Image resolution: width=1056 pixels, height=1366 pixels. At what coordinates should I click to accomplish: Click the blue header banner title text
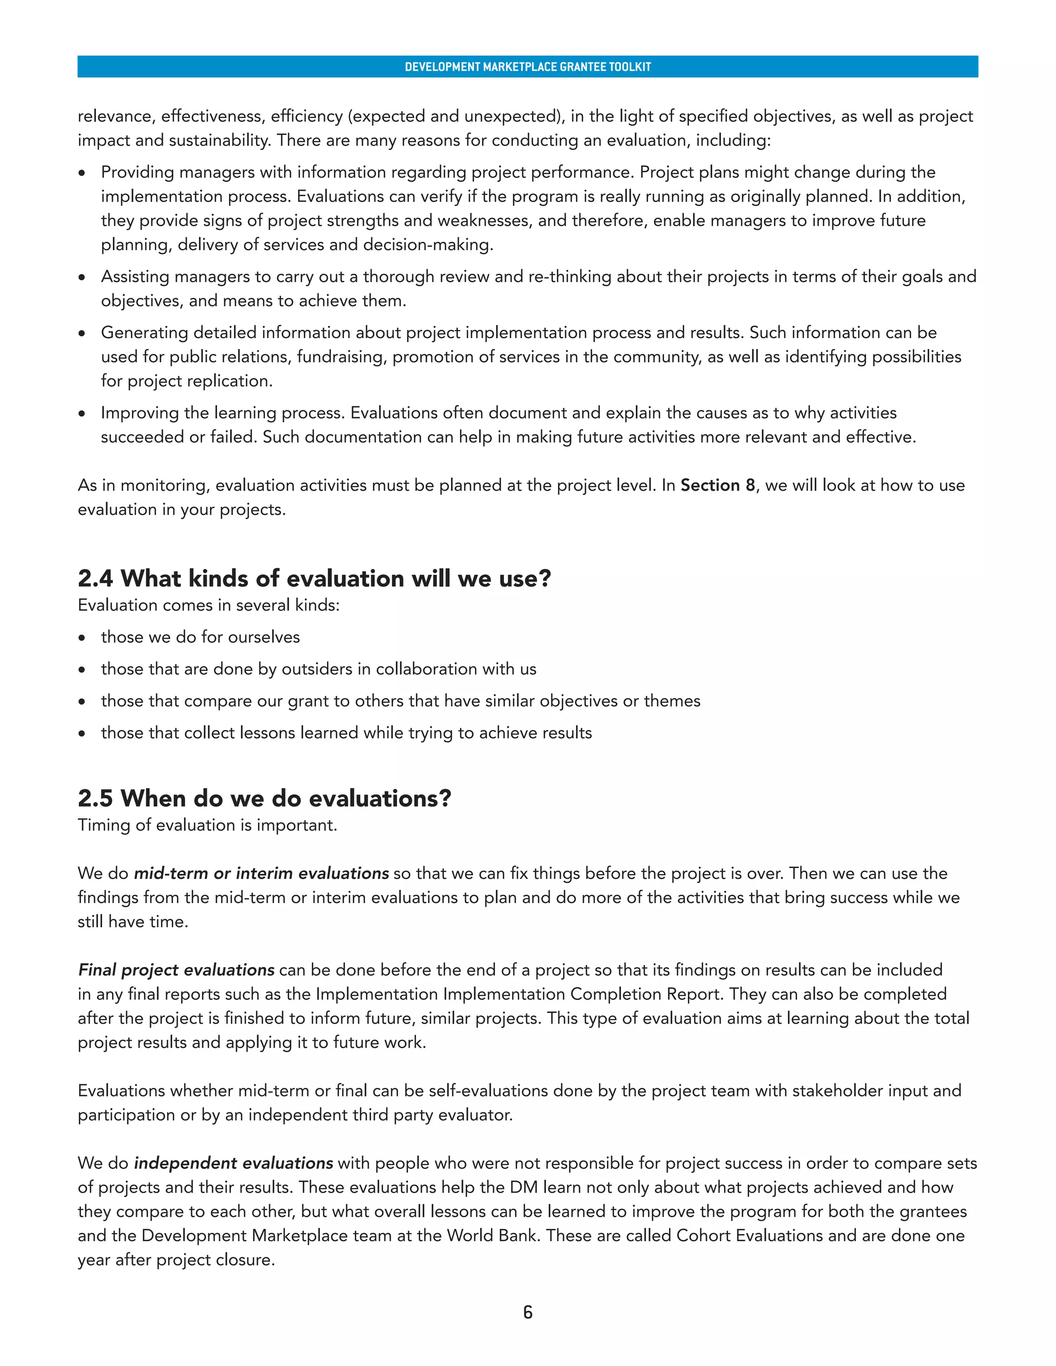point(527,67)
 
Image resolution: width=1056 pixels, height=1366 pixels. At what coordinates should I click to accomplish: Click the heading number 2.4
point(95,578)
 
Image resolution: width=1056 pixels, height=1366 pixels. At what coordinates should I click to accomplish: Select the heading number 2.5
point(95,798)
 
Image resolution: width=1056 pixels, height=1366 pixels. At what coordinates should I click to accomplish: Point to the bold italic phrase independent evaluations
point(234,1163)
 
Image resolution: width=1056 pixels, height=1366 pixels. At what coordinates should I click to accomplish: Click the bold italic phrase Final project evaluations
point(176,970)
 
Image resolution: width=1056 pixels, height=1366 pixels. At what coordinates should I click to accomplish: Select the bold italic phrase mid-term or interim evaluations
point(261,873)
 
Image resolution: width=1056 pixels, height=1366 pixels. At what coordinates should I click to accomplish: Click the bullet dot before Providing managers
point(82,173)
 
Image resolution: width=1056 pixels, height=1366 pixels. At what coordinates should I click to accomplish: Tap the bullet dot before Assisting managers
point(82,278)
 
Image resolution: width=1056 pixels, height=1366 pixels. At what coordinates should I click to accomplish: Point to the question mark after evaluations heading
point(445,798)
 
